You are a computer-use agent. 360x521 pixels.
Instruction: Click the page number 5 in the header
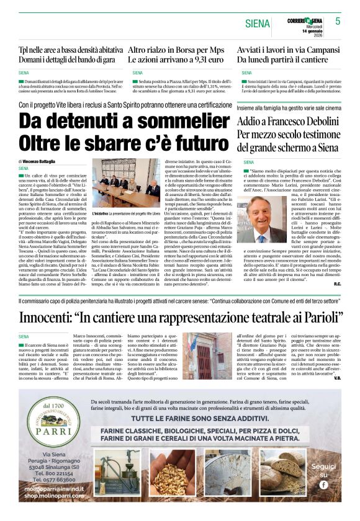tap(338, 20)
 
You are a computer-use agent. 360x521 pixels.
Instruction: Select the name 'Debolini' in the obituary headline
tap(322, 121)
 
